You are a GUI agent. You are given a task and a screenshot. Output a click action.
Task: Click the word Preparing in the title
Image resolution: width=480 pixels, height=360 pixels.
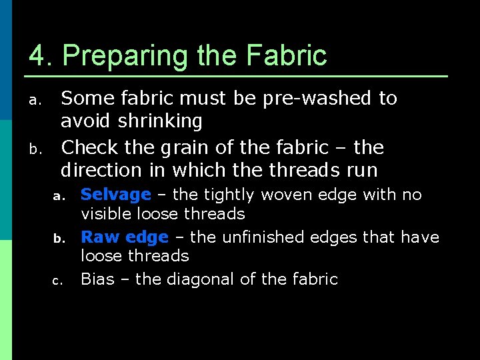click(x=127, y=56)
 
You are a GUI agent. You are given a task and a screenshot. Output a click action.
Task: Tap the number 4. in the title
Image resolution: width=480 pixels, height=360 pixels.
click(x=40, y=55)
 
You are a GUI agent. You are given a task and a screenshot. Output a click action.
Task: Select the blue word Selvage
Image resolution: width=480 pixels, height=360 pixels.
click(x=116, y=195)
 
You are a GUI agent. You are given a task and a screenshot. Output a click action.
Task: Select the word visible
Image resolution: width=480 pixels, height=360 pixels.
click(x=107, y=214)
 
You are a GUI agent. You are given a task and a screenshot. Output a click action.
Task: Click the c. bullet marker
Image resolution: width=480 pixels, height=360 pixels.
click(x=57, y=281)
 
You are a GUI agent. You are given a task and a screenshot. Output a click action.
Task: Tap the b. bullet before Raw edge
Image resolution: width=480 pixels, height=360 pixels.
click(x=57, y=238)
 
